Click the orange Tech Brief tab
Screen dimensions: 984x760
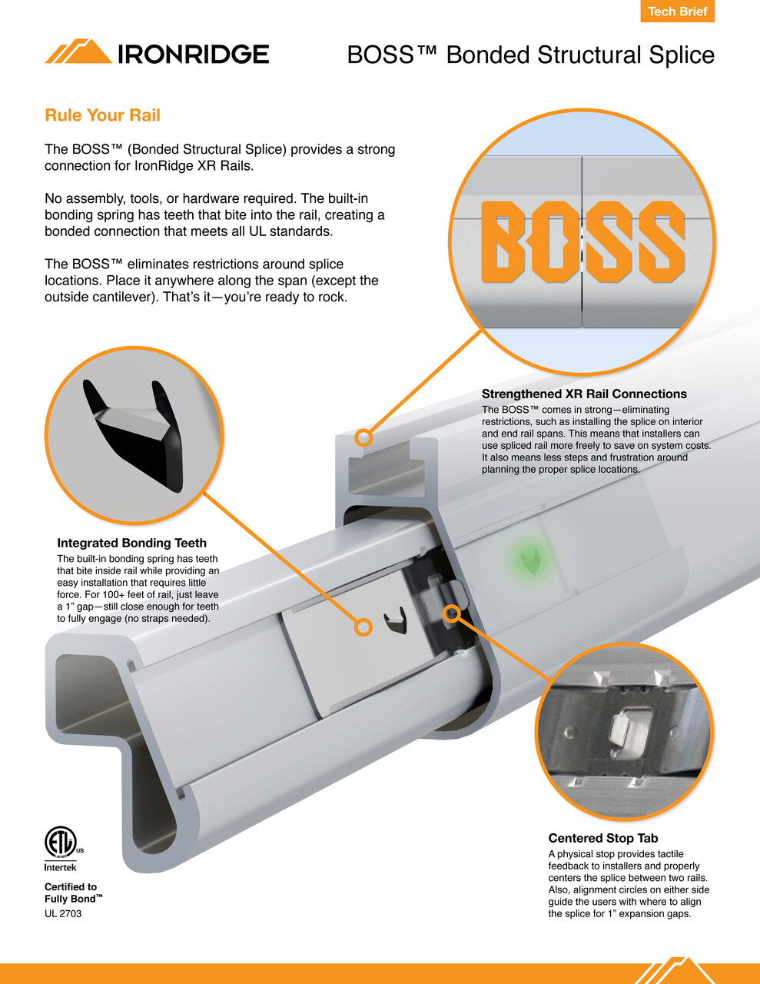click(677, 12)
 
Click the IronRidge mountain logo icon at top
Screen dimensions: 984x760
click(78, 52)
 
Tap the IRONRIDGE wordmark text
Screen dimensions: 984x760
click(193, 54)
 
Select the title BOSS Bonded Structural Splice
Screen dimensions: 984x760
click(530, 55)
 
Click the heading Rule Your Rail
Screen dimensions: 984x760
click(102, 115)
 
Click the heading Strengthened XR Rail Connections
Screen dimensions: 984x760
click(584, 394)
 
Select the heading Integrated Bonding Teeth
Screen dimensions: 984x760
click(131, 543)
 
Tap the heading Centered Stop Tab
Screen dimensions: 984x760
click(602, 838)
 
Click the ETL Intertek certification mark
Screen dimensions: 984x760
click(61, 843)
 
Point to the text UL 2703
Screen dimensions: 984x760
click(63, 913)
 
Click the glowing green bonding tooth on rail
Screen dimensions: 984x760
click(528, 558)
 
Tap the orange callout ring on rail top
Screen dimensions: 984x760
click(364, 438)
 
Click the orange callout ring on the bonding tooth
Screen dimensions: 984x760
click(363, 627)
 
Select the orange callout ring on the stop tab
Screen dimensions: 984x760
click(452, 613)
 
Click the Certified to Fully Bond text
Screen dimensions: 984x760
click(73, 893)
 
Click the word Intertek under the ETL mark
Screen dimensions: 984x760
click(61, 867)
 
